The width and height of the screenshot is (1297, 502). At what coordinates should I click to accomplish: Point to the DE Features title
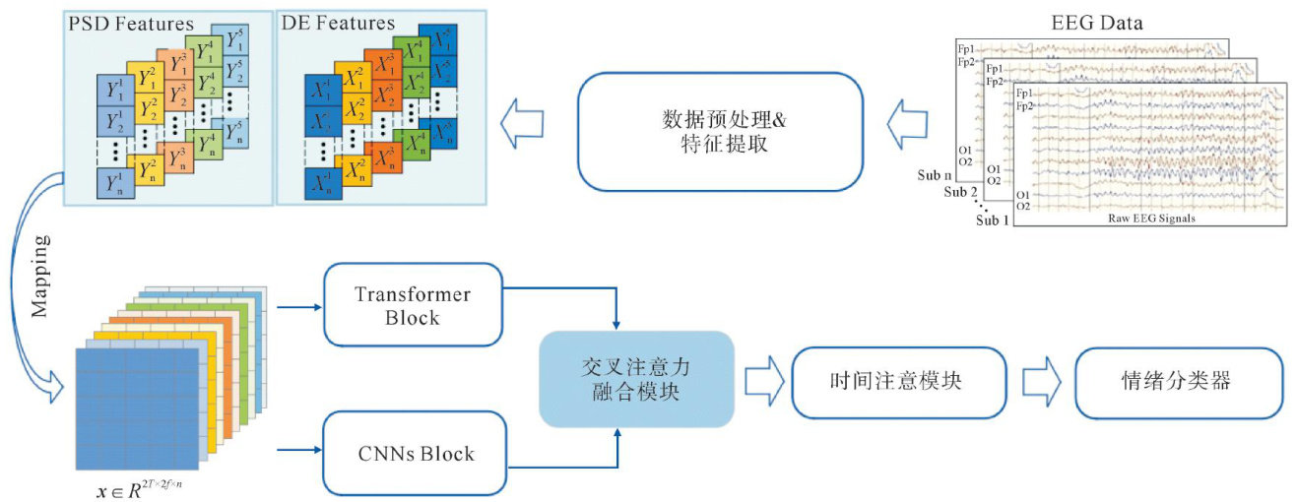[x=338, y=21]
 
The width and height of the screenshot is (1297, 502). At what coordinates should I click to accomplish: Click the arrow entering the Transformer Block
[x=300, y=306]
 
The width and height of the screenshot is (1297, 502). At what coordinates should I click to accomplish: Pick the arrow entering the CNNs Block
[x=300, y=451]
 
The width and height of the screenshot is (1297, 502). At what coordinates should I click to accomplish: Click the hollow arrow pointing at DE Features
[x=521, y=127]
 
